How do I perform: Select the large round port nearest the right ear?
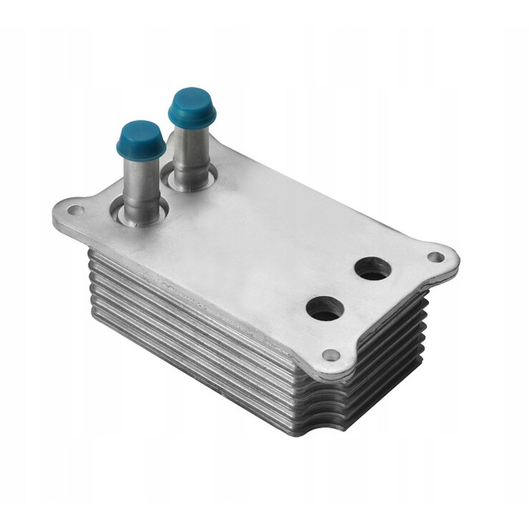[x=372, y=269]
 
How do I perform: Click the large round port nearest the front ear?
[x=324, y=309]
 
